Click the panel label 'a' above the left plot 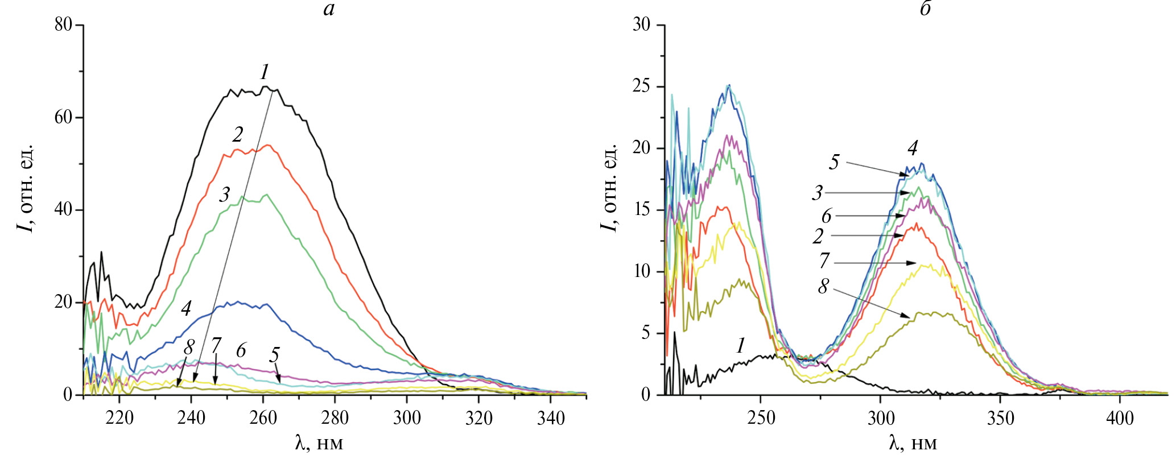(329, 9)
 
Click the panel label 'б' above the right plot (925, 9)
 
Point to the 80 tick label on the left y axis (63, 24)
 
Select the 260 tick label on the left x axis (263, 419)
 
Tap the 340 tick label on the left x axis (551, 419)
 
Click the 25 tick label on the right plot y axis (641, 86)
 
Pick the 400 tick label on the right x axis (1120, 419)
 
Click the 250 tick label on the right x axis (761, 419)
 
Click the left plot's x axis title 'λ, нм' (319, 443)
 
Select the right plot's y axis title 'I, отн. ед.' (609, 188)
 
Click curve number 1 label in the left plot (265, 72)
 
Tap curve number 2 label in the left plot (238, 134)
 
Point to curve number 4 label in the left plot (186, 308)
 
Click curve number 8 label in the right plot (823, 286)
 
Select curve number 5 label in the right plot (833, 162)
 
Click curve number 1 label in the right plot (740, 345)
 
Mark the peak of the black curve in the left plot (265, 86)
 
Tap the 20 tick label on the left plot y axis (63, 301)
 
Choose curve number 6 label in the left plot (241, 350)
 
